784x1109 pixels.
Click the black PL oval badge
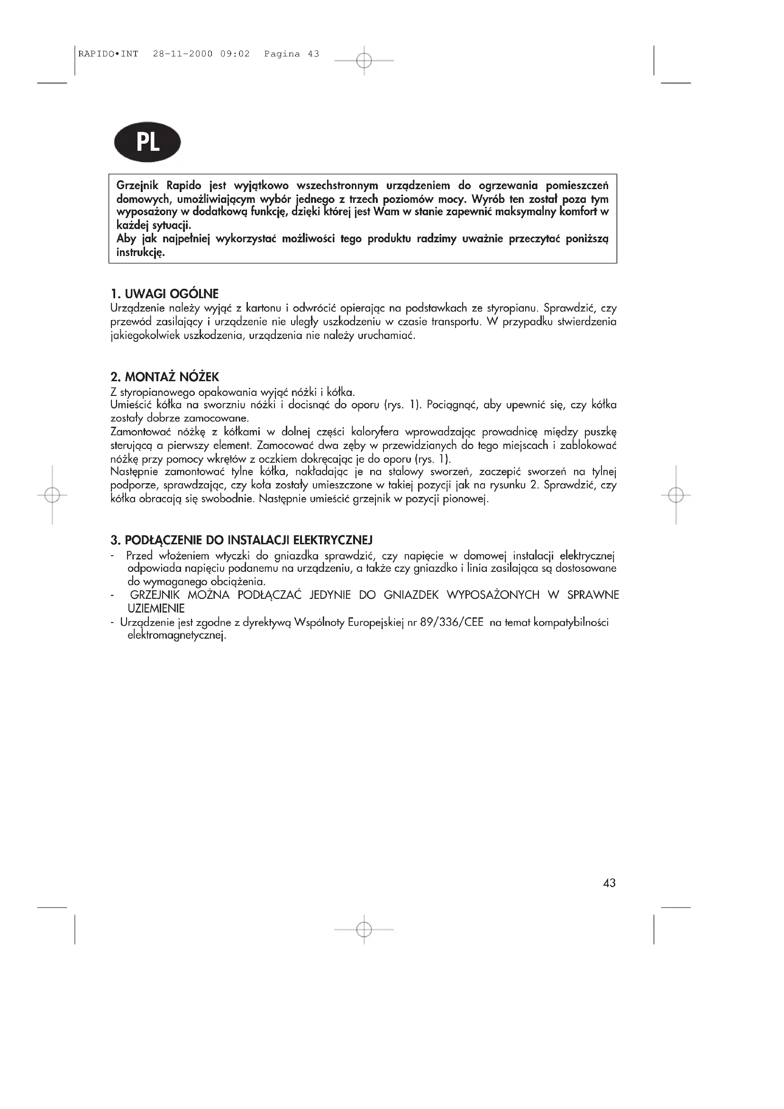tap(147, 142)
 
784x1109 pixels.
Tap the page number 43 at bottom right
tap(609, 883)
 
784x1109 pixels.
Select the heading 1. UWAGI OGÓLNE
tap(164, 293)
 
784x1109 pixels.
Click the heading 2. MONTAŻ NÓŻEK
tap(165, 377)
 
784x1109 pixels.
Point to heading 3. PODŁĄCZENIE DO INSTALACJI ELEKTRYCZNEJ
tap(241, 540)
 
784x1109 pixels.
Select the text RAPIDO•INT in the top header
tap(108, 54)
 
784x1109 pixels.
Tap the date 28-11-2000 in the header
tap(182, 54)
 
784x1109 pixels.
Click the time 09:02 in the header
tap(235, 54)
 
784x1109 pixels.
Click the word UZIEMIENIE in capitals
tap(156, 609)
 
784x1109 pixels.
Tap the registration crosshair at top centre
tap(364, 60)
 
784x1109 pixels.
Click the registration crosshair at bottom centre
tap(364, 929)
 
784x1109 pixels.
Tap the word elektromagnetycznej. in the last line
tap(177, 636)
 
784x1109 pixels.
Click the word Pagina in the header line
tap(282, 54)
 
